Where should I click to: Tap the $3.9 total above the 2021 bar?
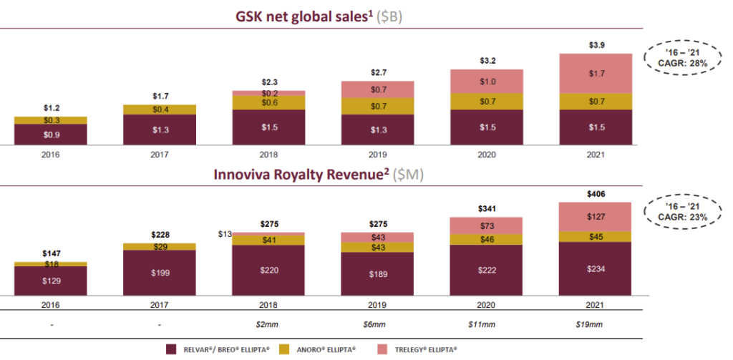(595, 45)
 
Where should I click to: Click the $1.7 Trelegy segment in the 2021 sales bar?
(595, 73)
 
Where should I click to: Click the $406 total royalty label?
(595, 194)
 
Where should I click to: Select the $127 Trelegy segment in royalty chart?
(595, 217)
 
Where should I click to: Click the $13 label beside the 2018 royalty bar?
(224, 233)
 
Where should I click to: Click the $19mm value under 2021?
(595, 324)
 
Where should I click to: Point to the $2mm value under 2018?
(268, 324)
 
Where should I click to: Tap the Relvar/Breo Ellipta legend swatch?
(171, 349)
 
